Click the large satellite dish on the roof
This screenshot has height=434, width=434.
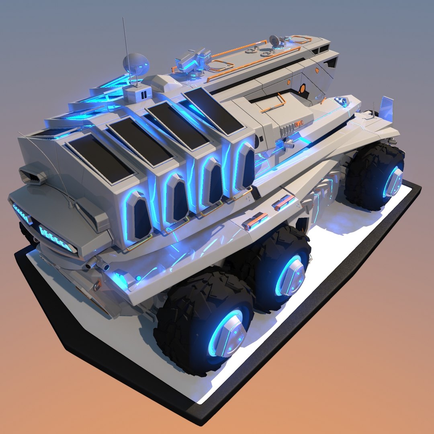135,63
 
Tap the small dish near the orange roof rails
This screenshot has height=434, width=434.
275,40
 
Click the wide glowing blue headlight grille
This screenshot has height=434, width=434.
56,238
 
